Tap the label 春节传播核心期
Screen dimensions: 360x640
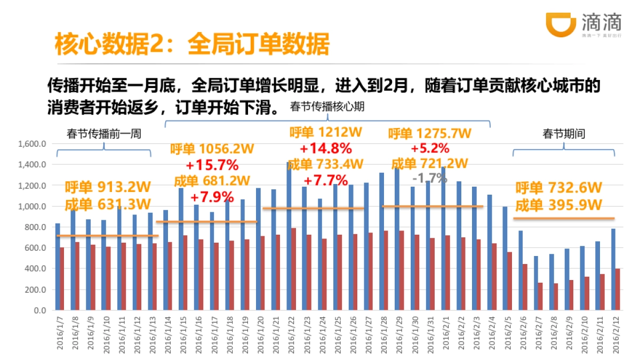(x=327, y=107)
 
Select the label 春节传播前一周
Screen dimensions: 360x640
(x=104, y=134)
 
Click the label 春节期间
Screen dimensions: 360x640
(x=564, y=134)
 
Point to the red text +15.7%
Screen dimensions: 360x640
(x=212, y=164)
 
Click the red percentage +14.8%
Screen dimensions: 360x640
(x=325, y=148)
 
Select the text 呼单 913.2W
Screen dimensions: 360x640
(x=108, y=187)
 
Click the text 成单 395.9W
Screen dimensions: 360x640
(x=558, y=205)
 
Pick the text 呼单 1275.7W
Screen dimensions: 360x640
(x=429, y=133)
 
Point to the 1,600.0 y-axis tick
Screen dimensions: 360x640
(x=33, y=144)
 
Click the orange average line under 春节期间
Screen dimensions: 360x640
(x=564, y=218)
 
